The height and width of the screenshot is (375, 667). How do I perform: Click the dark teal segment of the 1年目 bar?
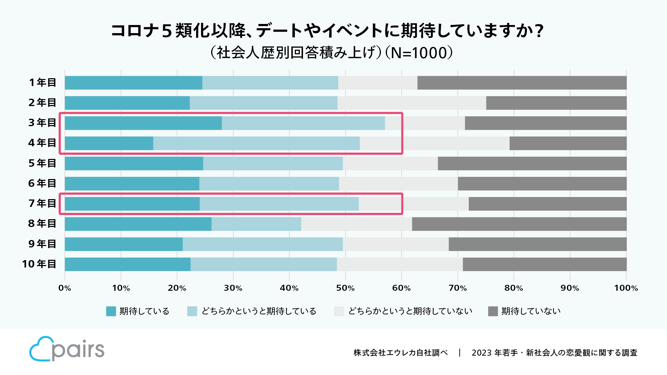click(133, 83)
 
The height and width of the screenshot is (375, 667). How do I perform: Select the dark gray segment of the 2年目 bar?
click(556, 103)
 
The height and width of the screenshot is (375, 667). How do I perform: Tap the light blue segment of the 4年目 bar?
click(256, 143)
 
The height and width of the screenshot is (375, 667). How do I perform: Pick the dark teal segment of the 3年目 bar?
click(143, 123)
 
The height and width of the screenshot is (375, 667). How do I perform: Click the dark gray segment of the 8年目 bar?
click(519, 224)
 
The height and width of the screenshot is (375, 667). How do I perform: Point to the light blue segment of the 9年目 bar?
click(263, 244)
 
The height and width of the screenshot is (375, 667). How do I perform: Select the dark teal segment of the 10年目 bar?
click(128, 264)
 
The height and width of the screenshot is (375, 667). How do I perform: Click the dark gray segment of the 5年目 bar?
click(532, 164)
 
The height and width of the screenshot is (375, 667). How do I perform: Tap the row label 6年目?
click(42, 184)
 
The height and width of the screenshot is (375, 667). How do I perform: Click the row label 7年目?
click(42, 204)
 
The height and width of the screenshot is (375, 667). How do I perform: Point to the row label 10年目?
click(39, 264)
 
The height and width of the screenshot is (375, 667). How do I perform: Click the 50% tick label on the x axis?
click(345, 288)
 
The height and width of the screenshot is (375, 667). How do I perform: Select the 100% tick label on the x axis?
click(626, 288)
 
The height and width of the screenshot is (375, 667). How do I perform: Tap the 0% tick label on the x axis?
click(65, 288)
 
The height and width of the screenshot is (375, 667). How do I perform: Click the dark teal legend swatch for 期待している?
click(111, 311)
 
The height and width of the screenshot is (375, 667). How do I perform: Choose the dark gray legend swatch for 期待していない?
click(493, 311)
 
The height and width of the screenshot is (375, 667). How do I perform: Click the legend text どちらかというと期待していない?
click(410, 311)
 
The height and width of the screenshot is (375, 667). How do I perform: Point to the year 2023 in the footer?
click(481, 353)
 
